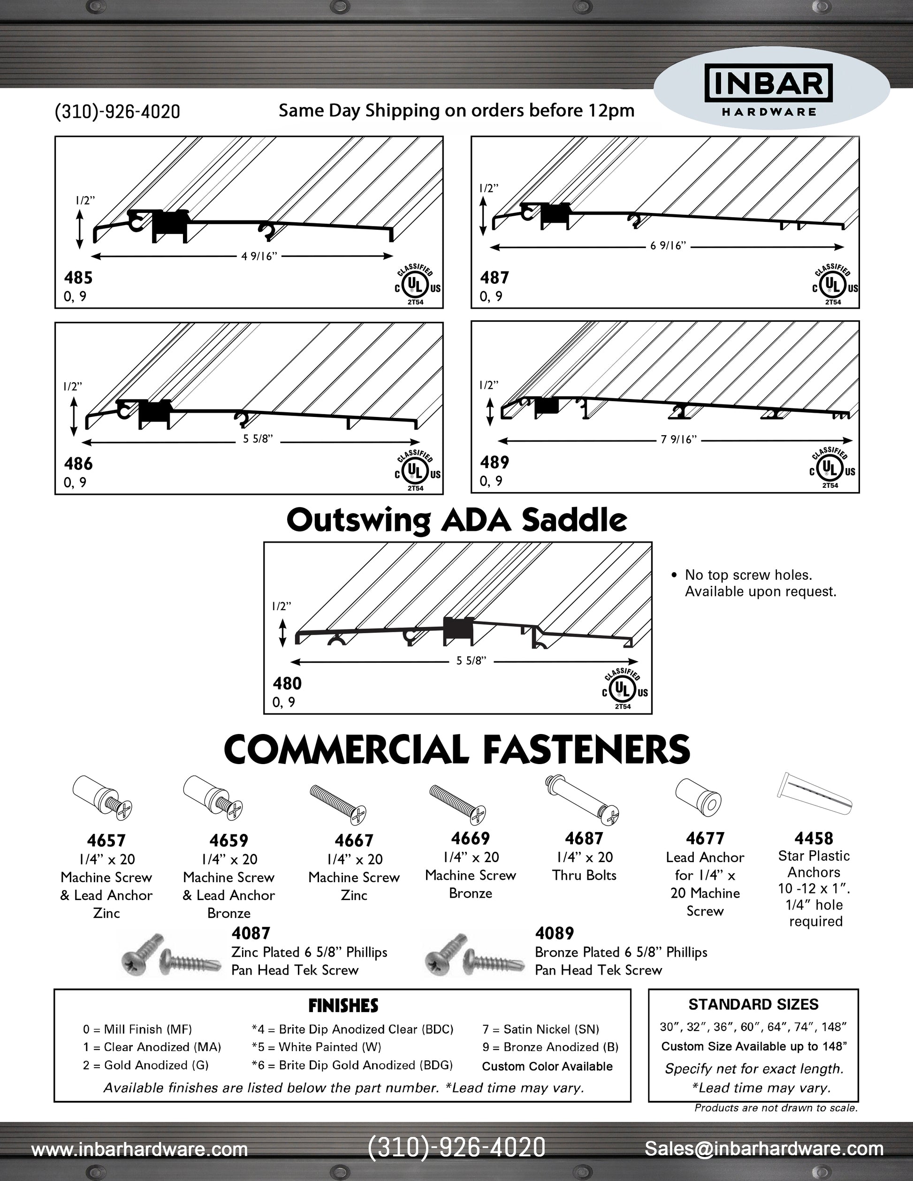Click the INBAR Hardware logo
pyautogui.click(x=768, y=90)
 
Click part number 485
pyautogui.click(x=78, y=278)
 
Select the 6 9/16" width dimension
pyautogui.click(x=668, y=246)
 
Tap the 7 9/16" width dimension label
pyautogui.click(x=678, y=439)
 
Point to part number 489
pyautogui.click(x=495, y=462)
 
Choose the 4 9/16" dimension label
pyautogui.click(x=259, y=256)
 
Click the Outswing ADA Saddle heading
pyautogui.click(x=456, y=520)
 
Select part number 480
pyautogui.click(x=287, y=683)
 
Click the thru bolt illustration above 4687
pyautogui.click(x=582, y=800)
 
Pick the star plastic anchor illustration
pyautogui.click(x=814, y=793)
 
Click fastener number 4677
pyautogui.click(x=705, y=838)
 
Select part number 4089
pyautogui.click(x=555, y=933)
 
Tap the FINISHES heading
pyautogui.click(x=343, y=1006)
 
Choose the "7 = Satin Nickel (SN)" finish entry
pyautogui.click(x=540, y=1029)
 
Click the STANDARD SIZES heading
pyautogui.click(x=753, y=1005)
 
